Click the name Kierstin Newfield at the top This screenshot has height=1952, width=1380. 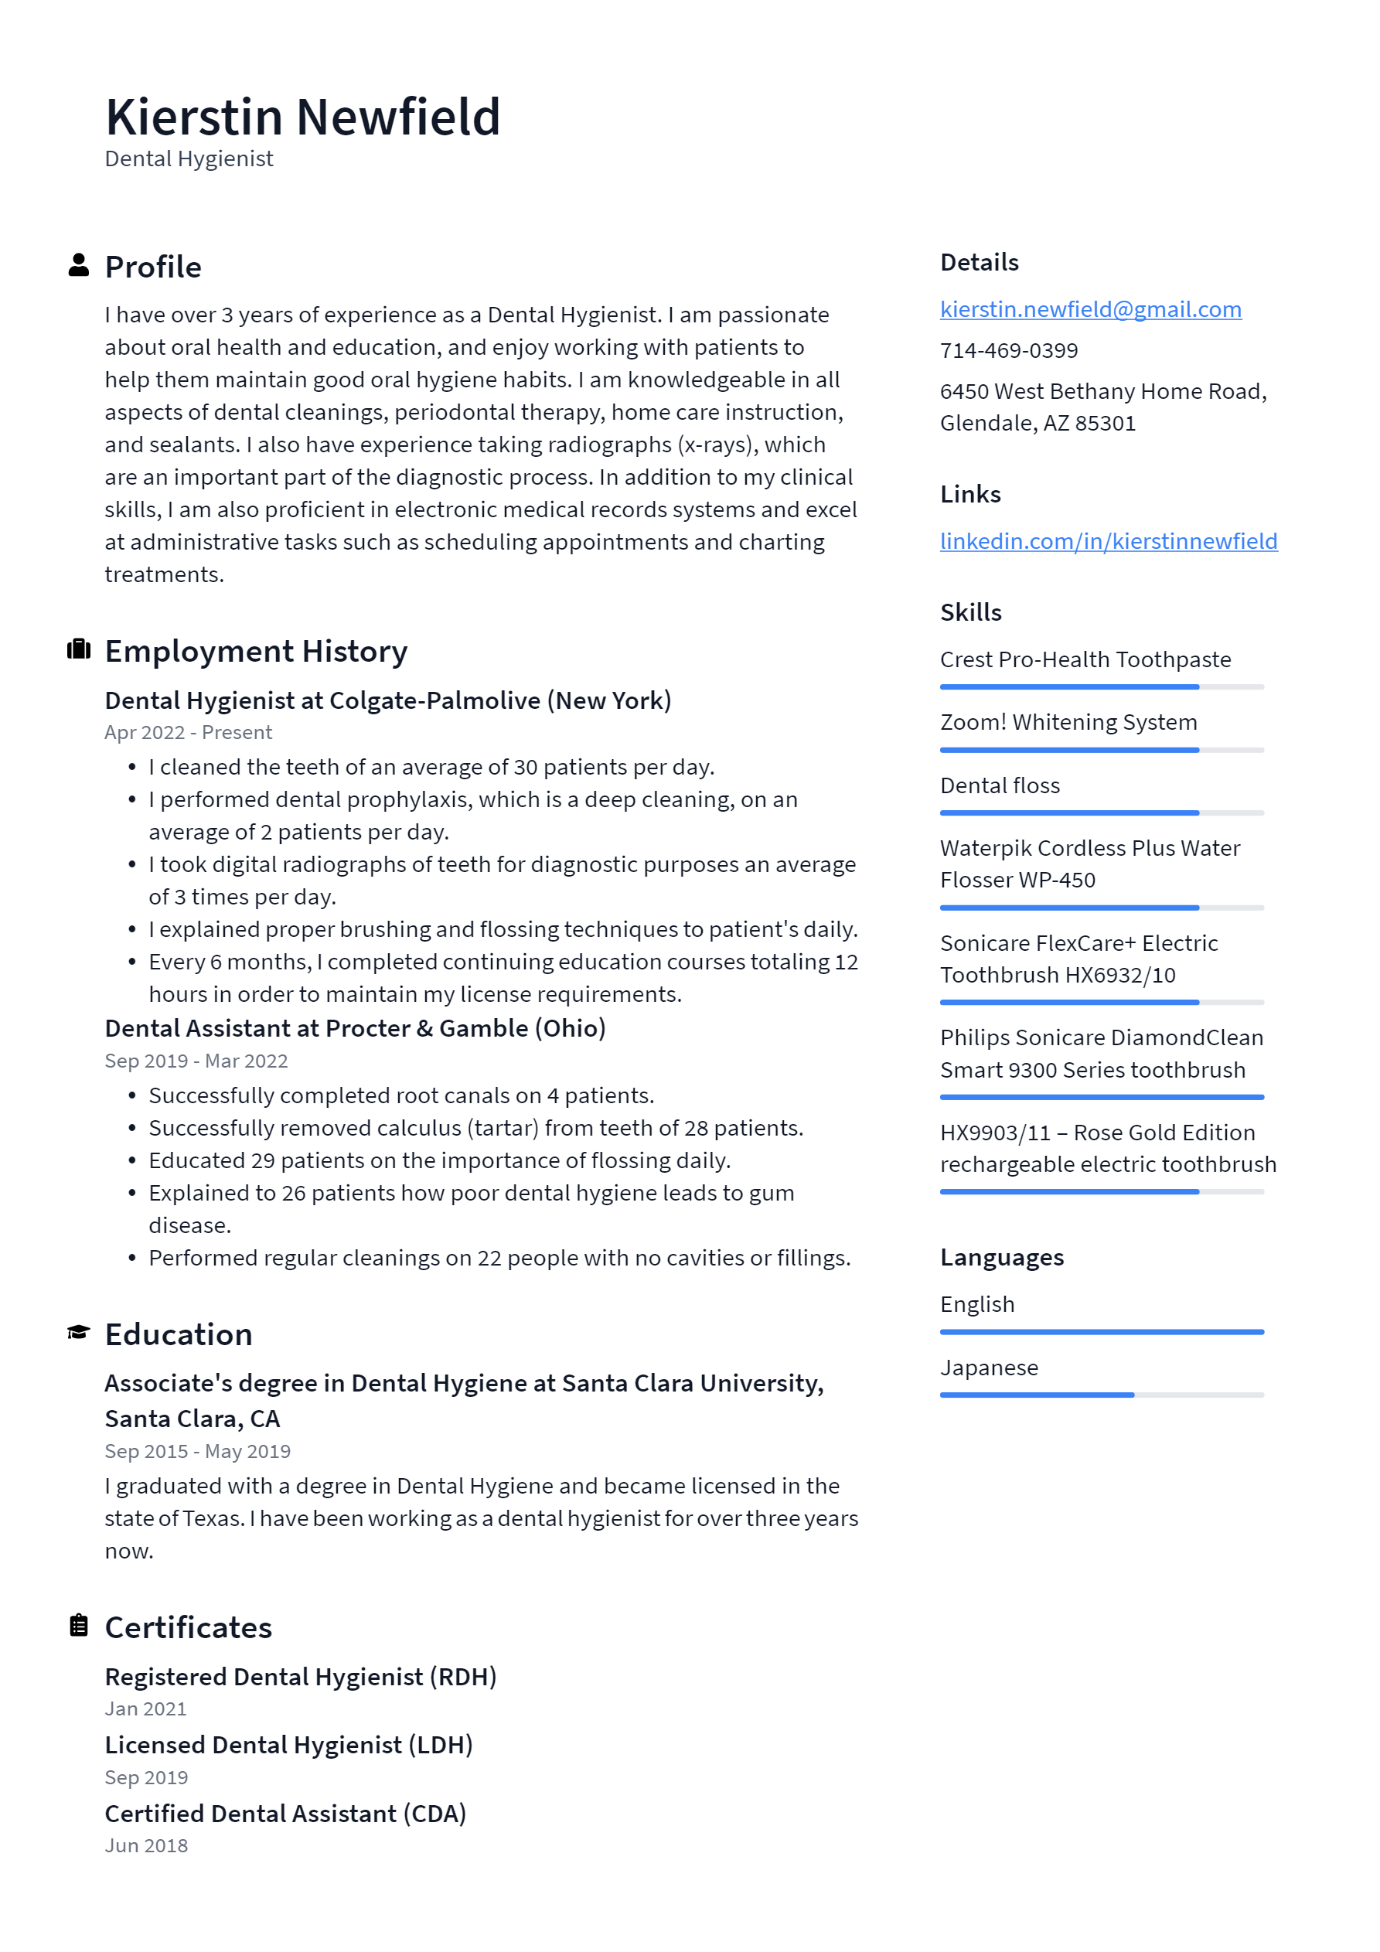coord(303,117)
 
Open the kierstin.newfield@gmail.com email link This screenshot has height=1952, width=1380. coord(1090,309)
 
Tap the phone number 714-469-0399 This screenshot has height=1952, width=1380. coord(1008,350)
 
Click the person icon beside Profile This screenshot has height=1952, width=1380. coord(79,265)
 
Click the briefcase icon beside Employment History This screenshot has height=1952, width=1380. coord(79,649)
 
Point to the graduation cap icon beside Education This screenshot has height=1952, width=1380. coord(79,1332)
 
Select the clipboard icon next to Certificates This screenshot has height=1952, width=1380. coord(79,1626)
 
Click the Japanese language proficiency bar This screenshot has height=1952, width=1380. coord(1101,1395)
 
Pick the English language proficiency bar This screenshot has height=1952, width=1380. coord(1101,1332)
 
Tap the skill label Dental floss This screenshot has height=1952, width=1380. coord(1000,785)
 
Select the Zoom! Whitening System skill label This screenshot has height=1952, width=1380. coord(1068,723)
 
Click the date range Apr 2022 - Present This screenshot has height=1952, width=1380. coord(188,733)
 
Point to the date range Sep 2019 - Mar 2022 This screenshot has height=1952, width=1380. coord(196,1061)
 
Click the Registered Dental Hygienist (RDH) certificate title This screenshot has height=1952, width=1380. coord(301,1677)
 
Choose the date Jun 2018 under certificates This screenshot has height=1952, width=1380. coord(146,1846)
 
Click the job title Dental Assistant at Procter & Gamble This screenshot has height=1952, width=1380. coord(355,1029)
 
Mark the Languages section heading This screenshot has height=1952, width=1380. coord(1002,1258)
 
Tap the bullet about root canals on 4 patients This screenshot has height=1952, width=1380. coord(401,1096)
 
